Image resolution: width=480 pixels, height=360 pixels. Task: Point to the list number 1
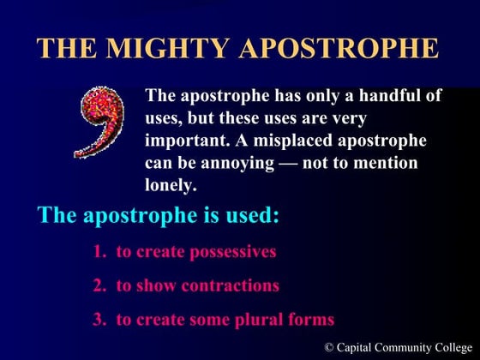[98, 252]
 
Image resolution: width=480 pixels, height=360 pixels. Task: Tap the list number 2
[98, 285]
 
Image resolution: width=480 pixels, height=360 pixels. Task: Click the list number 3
[98, 320]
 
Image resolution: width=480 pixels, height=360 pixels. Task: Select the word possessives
[232, 252]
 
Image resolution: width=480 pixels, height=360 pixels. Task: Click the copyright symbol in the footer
[330, 346]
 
